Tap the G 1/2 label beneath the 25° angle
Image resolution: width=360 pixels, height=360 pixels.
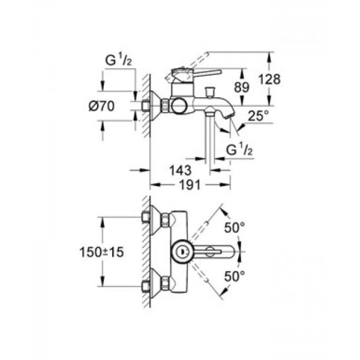click(x=238, y=149)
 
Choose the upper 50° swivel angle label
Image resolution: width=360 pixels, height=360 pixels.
click(x=235, y=227)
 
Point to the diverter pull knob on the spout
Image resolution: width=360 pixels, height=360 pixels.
click(x=211, y=91)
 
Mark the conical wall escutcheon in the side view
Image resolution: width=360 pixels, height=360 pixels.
click(x=158, y=106)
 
